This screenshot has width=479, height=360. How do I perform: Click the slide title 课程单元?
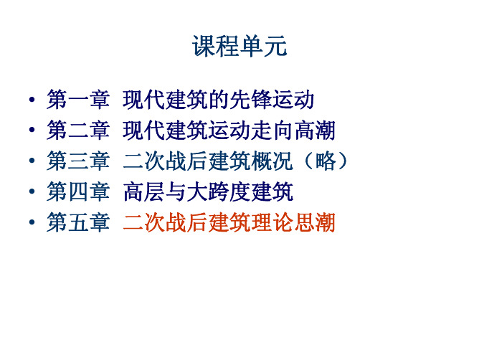click(x=239, y=46)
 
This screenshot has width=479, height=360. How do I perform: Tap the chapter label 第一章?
click(x=78, y=99)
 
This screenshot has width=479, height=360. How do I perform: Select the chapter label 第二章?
click(x=78, y=130)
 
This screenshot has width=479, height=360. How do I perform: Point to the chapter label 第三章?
click(x=78, y=161)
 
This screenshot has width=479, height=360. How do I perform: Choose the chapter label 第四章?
click(x=78, y=191)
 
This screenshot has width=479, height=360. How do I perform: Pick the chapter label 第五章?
click(x=78, y=222)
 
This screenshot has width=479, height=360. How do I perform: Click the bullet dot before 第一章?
click(x=32, y=100)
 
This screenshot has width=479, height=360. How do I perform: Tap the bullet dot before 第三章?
click(x=32, y=161)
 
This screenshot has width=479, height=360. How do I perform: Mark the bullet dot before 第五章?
click(x=32, y=222)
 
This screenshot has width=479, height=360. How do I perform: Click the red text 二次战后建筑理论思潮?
click(x=229, y=222)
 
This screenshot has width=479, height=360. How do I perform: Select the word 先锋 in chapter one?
click(x=250, y=99)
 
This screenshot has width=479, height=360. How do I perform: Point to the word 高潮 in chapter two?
click(x=315, y=130)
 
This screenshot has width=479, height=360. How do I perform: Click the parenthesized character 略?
click(x=326, y=161)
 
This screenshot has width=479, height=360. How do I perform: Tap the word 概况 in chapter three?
click(x=272, y=161)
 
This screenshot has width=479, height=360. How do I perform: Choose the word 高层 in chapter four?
click(x=143, y=191)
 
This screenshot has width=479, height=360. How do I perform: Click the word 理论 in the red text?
click(x=272, y=222)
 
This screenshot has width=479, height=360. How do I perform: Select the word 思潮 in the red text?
click(x=315, y=222)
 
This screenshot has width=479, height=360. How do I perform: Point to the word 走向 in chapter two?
click(x=272, y=130)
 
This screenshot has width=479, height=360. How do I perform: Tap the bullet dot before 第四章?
click(x=32, y=191)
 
